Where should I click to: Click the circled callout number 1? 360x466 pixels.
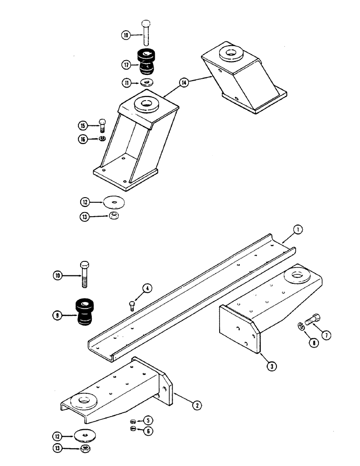point(298,229)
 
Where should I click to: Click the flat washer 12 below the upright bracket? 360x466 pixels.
point(113,203)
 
